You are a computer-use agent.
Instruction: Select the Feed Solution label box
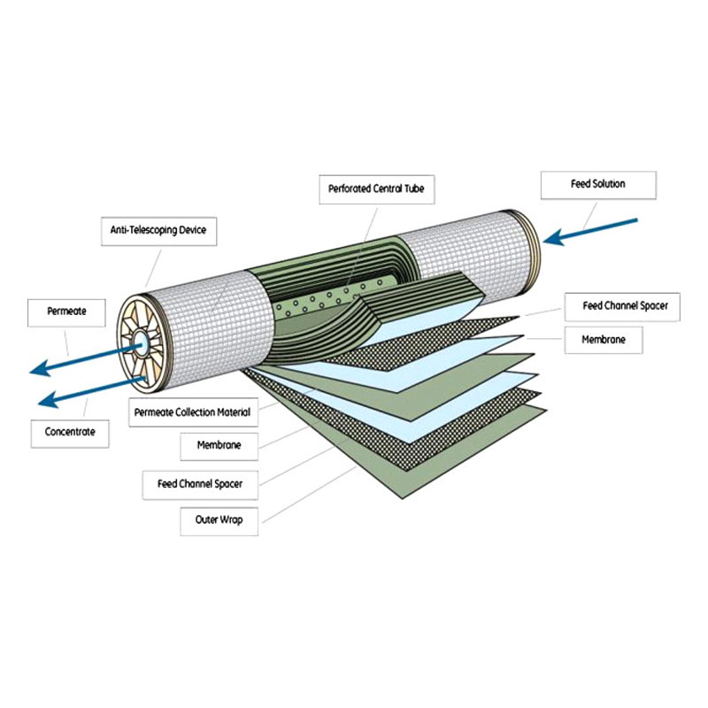point(598,184)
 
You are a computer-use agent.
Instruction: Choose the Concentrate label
point(70,433)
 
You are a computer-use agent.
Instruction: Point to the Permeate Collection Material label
point(193,412)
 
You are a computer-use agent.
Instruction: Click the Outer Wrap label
point(219,519)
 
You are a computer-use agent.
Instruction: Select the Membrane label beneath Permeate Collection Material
point(219,446)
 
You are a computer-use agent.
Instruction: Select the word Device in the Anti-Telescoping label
point(190,230)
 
